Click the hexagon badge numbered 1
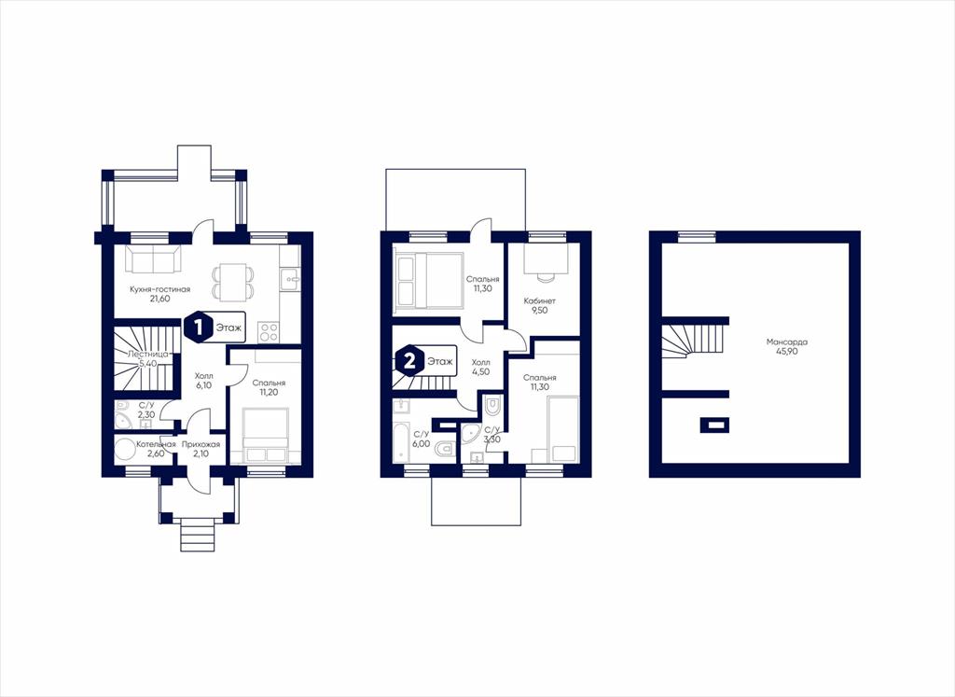click(198, 328)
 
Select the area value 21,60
click(159, 300)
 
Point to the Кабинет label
click(540, 301)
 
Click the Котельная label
click(156, 444)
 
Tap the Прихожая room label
click(201, 444)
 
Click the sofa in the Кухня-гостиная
click(153, 259)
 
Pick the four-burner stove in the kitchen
click(269, 332)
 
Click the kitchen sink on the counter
click(290, 280)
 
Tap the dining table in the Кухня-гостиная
click(232, 282)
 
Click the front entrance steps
click(198, 537)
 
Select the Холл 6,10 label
click(203, 380)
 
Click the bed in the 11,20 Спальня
click(266, 436)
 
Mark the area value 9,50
click(540, 310)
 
